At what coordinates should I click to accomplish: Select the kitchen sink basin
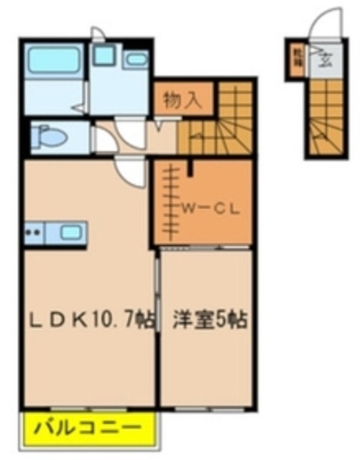click(70, 232)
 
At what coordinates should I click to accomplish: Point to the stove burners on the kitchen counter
click(32, 232)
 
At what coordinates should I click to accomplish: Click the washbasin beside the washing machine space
click(134, 60)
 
